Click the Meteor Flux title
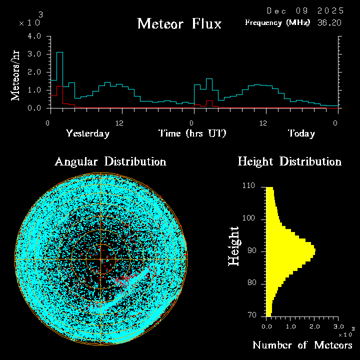click(x=179, y=23)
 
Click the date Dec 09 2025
click(x=305, y=10)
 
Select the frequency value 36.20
click(x=330, y=22)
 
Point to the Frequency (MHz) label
click(x=277, y=22)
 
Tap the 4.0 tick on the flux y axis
click(x=34, y=36)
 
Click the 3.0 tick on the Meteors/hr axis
click(x=34, y=54)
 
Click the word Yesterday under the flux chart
click(x=87, y=133)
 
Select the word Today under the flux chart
click(x=301, y=133)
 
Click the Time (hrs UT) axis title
click(x=192, y=133)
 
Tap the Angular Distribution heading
click(x=110, y=161)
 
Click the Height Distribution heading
click(x=289, y=161)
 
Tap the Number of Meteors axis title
click(x=302, y=345)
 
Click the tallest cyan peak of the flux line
click(x=59, y=52)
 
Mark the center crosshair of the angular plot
click(x=100, y=259)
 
